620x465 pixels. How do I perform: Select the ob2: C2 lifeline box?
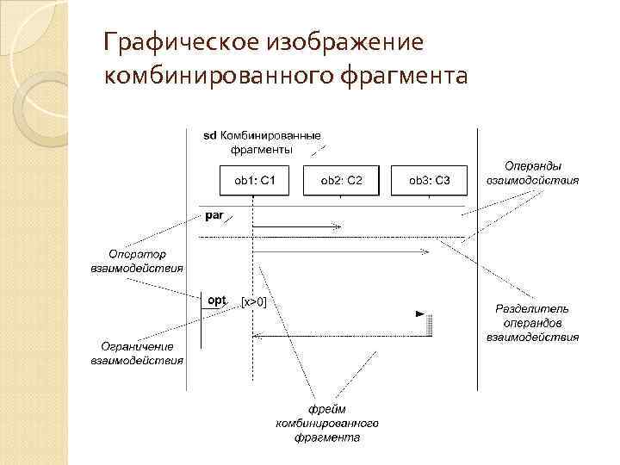click(x=341, y=180)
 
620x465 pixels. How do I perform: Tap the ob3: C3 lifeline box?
click(x=429, y=180)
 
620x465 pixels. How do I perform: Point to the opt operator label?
click(x=217, y=300)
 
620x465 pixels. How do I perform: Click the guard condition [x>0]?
click(x=253, y=301)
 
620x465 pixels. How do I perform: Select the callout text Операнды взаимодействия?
click(x=532, y=172)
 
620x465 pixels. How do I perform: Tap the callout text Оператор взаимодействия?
click(x=138, y=261)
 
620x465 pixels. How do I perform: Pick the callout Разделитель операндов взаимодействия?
click(x=533, y=322)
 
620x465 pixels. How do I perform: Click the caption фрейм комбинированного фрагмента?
click(x=327, y=423)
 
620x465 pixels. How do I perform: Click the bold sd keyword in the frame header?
click(x=209, y=135)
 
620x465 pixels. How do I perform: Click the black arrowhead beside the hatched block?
click(x=420, y=314)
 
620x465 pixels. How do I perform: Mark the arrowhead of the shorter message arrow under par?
click(x=338, y=227)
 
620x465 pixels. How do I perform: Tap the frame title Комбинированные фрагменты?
click(x=269, y=142)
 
